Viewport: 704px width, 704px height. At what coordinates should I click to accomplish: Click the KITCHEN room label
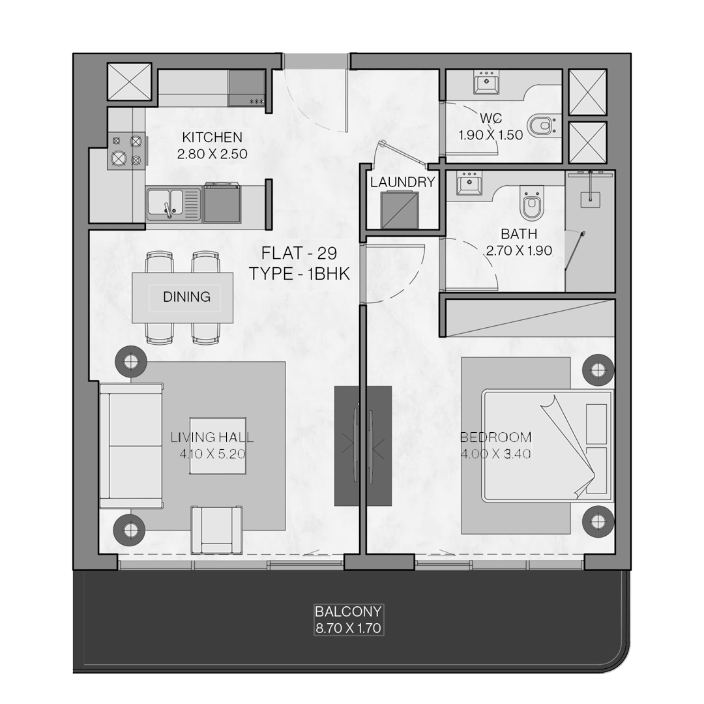pos(212,137)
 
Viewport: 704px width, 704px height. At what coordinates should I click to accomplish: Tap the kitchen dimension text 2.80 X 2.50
pos(212,154)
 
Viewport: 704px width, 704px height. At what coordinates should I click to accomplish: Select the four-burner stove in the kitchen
pos(126,151)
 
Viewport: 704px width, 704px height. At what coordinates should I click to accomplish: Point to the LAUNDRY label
pos(402,182)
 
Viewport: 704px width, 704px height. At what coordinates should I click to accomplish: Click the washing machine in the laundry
pos(400,210)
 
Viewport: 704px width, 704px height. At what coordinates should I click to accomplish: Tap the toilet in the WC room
pos(544,126)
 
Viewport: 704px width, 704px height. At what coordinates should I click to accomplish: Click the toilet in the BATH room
pos(533,204)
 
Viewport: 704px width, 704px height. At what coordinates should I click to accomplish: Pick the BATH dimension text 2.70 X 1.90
pos(519,250)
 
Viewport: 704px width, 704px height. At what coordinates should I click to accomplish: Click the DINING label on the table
pos(186,297)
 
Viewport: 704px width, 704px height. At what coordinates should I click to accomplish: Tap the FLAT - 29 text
pos(299,253)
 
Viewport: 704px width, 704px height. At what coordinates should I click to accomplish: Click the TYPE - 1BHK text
pos(299,273)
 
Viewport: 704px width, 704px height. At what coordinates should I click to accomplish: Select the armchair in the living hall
pos(217,530)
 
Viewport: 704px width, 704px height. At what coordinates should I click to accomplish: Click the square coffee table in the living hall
pos(218,446)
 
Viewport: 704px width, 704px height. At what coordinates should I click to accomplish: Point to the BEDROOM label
pos(495,437)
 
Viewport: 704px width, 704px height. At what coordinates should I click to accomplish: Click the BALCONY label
pos(348,611)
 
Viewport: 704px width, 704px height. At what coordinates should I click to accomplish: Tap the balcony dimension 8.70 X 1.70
pos(348,628)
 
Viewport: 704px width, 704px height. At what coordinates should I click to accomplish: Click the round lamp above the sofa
pos(130,361)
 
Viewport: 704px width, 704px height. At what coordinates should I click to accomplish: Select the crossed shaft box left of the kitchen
pos(129,81)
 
